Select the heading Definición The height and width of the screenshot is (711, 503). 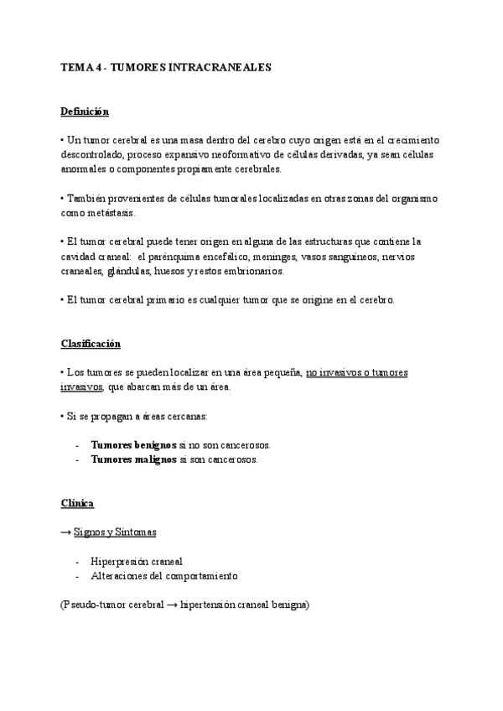point(85,112)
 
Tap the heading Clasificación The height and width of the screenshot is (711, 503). point(91,344)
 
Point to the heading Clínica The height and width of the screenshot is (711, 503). point(77,503)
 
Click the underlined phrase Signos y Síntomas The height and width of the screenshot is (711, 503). point(115,532)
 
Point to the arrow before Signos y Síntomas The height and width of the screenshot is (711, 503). point(66,532)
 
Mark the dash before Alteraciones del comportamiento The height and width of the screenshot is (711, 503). point(77,576)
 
